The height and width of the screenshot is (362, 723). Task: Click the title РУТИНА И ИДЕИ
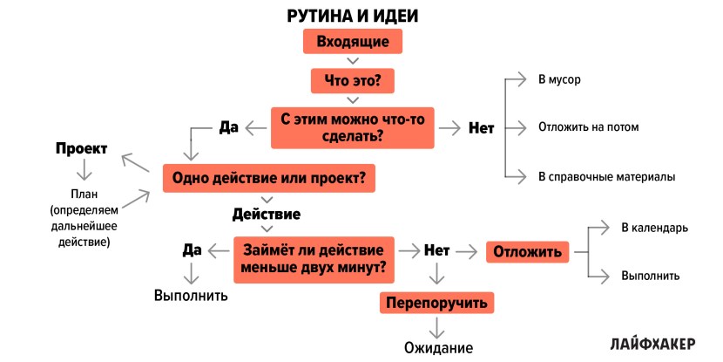(352, 15)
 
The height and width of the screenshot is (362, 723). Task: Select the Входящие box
(352, 42)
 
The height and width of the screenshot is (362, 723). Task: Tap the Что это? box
(352, 81)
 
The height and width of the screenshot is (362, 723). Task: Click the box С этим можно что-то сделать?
(352, 127)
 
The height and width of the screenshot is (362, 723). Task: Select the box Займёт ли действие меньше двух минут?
(314, 259)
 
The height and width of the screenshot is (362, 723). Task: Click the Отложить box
(527, 252)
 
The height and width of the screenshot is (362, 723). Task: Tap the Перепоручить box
(436, 303)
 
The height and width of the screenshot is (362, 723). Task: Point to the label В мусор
(559, 80)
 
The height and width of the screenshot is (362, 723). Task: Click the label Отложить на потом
(588, 127)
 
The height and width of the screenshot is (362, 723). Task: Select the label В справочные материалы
(606, 177)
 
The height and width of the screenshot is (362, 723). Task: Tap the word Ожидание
(438, 347)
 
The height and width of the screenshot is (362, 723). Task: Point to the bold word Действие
(267, 214)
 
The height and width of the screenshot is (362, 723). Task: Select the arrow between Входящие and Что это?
(352, 61)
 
